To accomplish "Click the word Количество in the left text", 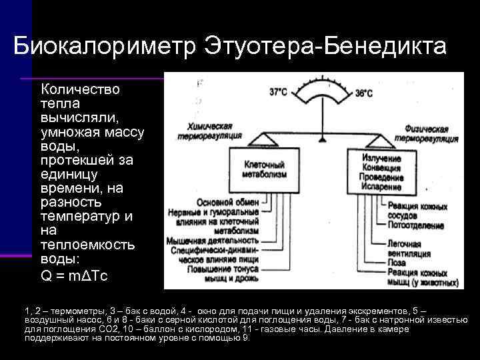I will coord(81,89).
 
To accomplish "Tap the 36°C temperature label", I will coord(363,94).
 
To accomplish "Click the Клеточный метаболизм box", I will coord(263,170).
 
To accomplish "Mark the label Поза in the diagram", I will coord(397,264).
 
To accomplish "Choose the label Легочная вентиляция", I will coord(409,249).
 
